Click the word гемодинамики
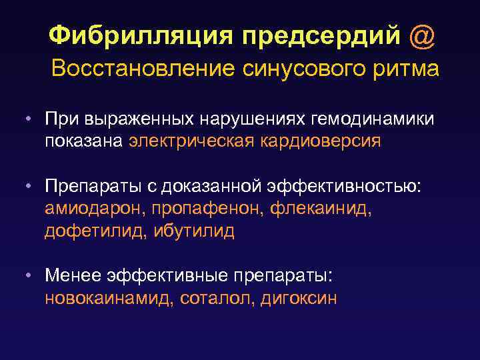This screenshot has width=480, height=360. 377,119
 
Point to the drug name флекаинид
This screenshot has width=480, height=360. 322,209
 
